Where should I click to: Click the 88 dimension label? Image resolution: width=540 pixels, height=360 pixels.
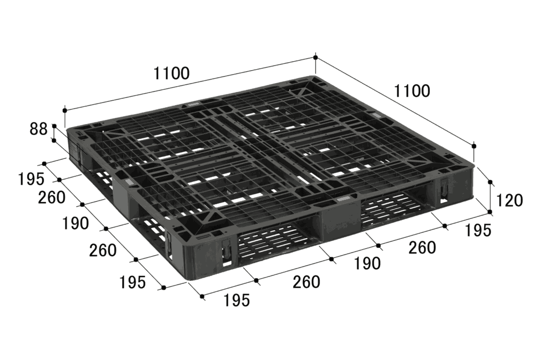tap(38, 129)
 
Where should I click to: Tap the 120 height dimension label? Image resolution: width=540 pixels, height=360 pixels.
tap(509, 200)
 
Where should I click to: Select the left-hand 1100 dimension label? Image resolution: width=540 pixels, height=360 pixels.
tap(171, 73)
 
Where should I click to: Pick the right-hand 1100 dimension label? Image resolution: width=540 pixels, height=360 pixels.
tap(412, 91)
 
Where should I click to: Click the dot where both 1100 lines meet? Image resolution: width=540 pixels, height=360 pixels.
tap(315, 57)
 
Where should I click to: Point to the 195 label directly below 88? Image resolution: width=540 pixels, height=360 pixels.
tap(31, 179)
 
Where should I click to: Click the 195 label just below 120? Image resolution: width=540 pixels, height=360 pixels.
tap(478, 230)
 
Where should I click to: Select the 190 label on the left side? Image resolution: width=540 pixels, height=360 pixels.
tap(75, 223)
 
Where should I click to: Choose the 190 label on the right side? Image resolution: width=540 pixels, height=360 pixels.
tap(368, 264)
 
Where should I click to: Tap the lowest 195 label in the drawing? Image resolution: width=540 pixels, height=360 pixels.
tap(237, 300)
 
